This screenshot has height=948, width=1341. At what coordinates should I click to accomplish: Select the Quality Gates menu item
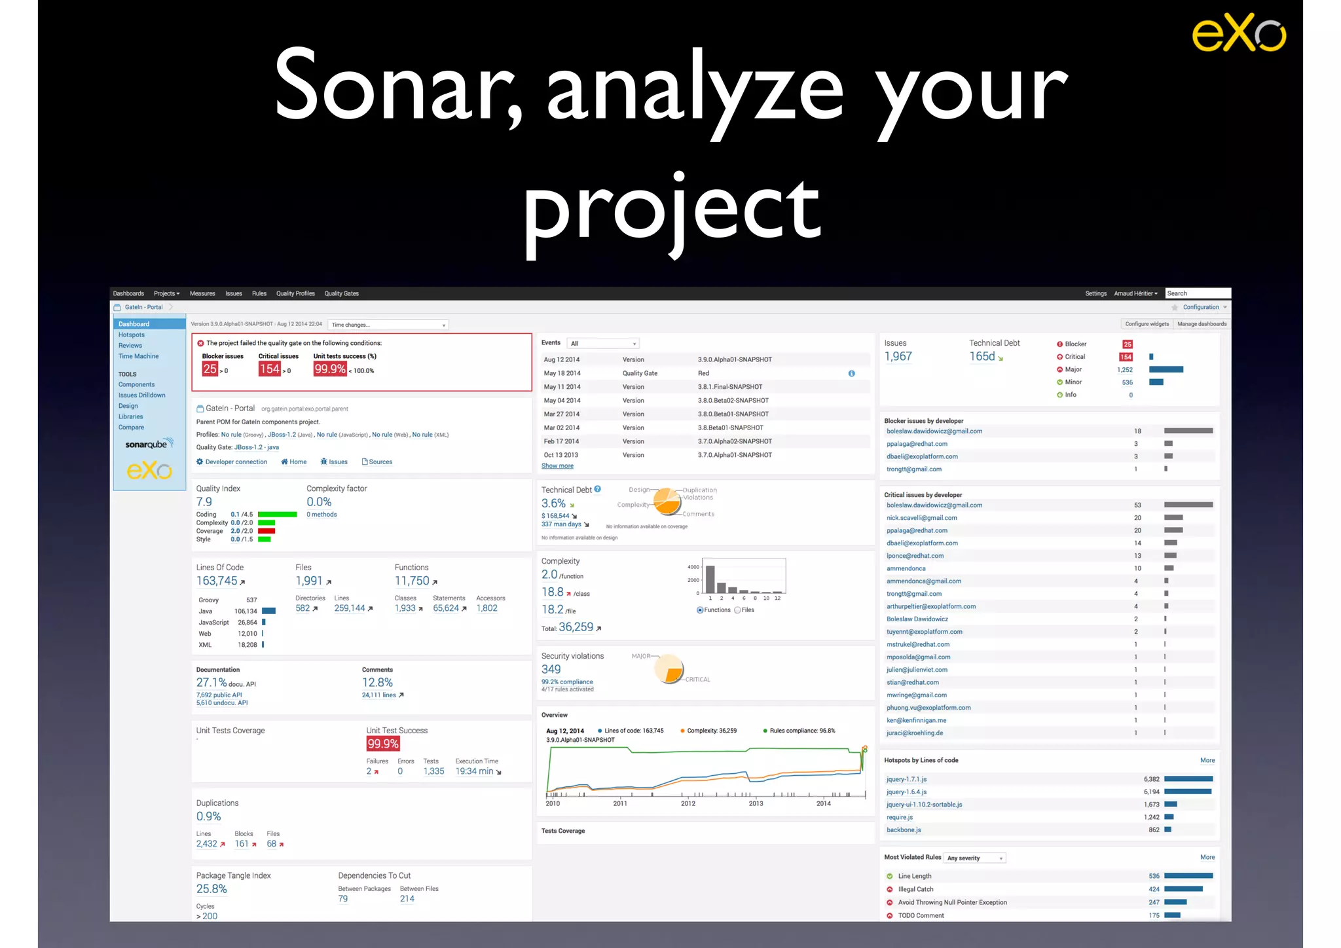341,293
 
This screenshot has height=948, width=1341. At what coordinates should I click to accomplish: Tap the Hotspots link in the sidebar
132,335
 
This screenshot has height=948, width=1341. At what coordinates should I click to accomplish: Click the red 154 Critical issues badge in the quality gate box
269,369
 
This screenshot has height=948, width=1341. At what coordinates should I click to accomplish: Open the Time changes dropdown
388,325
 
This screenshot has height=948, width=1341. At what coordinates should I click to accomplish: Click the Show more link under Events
557,466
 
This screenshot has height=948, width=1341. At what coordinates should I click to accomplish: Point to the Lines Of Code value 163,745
217,581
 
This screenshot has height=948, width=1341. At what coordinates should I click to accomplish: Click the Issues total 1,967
898,357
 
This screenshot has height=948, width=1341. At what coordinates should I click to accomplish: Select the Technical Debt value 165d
982,357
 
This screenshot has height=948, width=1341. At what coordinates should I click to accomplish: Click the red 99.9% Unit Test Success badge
383,744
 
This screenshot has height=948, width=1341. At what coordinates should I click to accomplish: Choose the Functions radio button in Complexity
700,610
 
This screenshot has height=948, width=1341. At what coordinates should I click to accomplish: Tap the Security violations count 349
551,669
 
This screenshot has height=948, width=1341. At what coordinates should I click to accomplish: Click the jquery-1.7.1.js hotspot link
906,779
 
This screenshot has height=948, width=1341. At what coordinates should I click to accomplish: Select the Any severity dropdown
975,858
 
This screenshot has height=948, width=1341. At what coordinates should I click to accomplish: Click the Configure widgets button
1147,324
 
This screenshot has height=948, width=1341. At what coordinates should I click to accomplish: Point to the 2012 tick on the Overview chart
688,803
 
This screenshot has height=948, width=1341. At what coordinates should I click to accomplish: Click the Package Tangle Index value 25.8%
211,889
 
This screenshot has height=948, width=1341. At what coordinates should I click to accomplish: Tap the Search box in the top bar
1198,293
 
